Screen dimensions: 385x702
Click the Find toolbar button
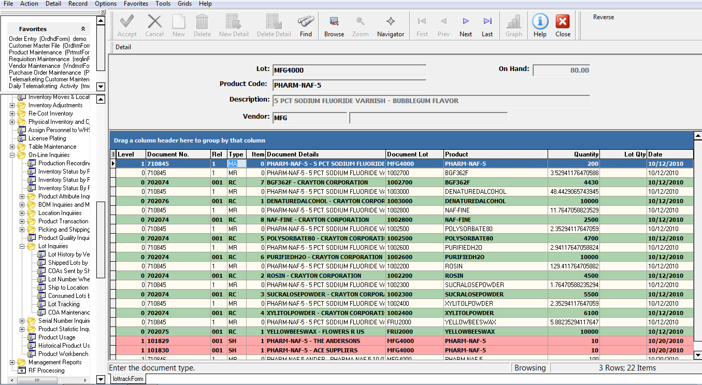(306, 26)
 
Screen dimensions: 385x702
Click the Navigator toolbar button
(391, 26)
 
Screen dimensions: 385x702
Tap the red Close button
(563, 26)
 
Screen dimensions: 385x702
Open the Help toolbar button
(540, 26)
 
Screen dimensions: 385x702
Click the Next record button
(466, 26)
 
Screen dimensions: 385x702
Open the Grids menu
(184, 4)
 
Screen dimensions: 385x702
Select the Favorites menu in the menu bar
(136, 4)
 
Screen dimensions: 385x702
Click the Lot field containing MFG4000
(349, 70)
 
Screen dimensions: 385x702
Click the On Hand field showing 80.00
(561, 70)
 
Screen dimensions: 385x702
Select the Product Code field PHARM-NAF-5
(349, 85)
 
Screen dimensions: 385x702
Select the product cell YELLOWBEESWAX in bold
(469, 332)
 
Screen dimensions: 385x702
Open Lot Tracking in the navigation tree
(64, 304)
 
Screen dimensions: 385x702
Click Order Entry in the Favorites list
(47, 39)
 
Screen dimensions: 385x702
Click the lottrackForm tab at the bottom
(127, 379)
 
